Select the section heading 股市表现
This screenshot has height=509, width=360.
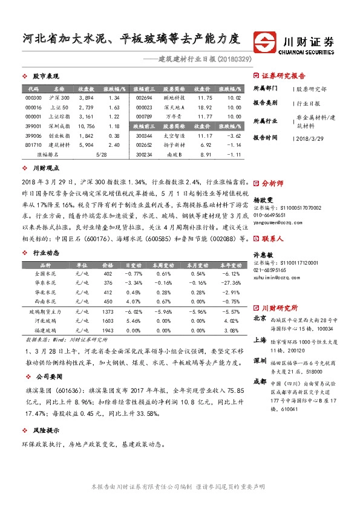click(x=45, y=77)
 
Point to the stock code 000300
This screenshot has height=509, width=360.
click(x=34, y=97)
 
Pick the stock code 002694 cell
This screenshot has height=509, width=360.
click(x=144, y=97)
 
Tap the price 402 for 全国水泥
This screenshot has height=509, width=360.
click(x=108, y=274)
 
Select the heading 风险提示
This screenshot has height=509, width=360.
click(x=45, y=430)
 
